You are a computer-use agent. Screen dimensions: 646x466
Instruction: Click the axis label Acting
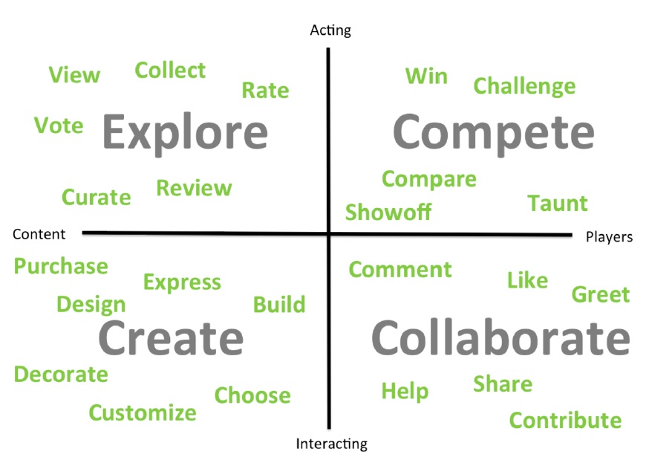330,30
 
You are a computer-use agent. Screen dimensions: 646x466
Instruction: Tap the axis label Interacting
332,444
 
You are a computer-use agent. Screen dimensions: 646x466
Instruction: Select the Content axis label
39,234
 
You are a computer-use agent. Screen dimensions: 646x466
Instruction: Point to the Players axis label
609,236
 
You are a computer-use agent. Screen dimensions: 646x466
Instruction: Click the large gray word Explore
185,133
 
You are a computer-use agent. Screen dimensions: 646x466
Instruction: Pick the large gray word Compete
494,133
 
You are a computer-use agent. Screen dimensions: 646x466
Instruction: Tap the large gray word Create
171,337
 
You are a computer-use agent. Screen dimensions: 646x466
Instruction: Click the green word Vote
59,125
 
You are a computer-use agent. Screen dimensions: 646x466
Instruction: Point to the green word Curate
97,197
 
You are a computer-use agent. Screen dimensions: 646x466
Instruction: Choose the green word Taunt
558,204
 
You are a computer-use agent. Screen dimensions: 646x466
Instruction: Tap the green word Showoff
388,212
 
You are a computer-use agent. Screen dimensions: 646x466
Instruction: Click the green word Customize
143,412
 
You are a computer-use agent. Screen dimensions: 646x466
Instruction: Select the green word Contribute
565,420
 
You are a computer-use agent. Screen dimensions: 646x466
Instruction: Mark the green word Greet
601,294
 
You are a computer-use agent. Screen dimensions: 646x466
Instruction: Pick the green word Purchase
61,266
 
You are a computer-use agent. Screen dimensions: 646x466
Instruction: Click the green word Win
426,77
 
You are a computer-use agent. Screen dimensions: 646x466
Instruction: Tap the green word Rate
265,91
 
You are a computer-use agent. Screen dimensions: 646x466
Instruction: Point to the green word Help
405,391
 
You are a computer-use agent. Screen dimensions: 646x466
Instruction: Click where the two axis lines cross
329,234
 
